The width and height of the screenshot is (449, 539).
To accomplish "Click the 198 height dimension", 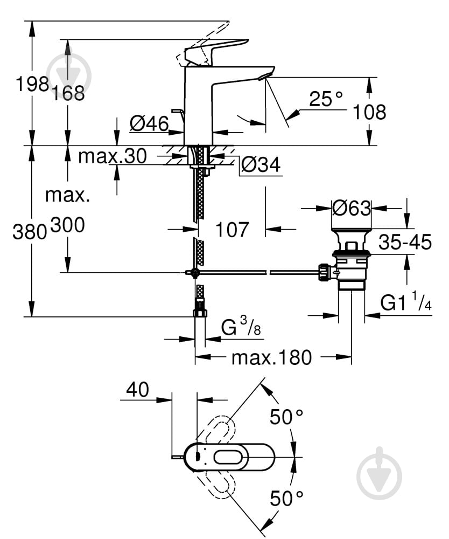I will click(32, 84).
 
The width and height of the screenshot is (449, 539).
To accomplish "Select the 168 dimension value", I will click(68, 93).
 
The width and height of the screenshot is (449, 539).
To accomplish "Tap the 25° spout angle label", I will click(326, 99).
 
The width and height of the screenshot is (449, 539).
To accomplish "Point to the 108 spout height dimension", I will click(369, 112).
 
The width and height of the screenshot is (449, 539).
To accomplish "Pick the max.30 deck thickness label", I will click(112, 156).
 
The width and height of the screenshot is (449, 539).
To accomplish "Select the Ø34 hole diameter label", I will click(261, 165).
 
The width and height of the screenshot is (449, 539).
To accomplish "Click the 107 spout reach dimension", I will click(232, 230).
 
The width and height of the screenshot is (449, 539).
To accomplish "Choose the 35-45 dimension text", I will click(405, 243).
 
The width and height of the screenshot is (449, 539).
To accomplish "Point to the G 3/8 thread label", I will click(241, 328).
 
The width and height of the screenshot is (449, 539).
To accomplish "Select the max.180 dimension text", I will click(271, 357).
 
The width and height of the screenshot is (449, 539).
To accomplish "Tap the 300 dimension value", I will click(68, 225).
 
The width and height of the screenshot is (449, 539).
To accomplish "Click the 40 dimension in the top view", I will click(137, 390).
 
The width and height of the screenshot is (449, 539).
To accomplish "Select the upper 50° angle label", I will click(286, 417).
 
